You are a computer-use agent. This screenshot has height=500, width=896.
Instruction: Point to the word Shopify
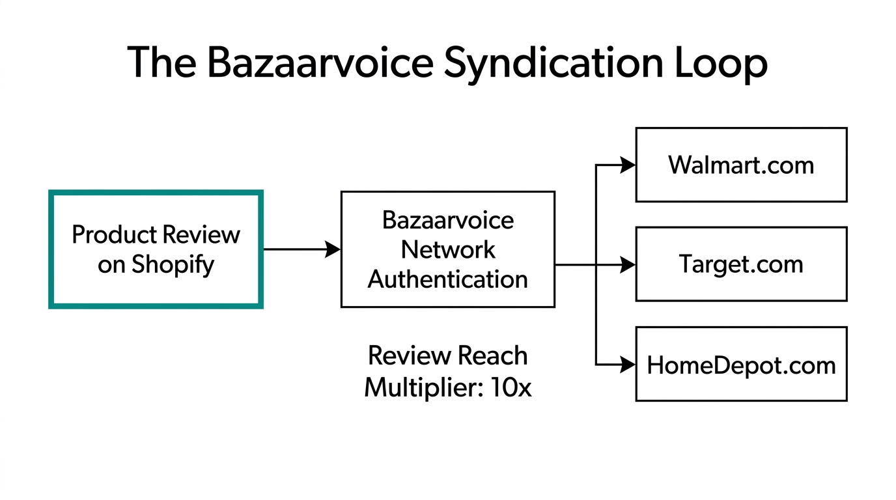point(173,265)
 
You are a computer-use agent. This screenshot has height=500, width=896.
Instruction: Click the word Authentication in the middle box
point(447,279)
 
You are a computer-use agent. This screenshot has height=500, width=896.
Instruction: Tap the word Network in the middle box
point(447,249)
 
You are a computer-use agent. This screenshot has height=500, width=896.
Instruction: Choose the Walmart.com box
point(741,165)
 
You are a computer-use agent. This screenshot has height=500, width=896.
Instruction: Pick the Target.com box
point(741,264)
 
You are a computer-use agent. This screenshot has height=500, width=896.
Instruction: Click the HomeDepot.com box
point(741,365)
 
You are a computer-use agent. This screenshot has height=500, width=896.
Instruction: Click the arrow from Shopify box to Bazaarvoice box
point(301,249)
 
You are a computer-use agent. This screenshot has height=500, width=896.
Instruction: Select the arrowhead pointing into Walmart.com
point(628,165)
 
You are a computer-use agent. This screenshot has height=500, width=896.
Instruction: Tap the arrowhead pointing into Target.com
point(628,265)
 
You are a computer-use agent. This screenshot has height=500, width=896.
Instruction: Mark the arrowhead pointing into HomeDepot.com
point(628,365)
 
